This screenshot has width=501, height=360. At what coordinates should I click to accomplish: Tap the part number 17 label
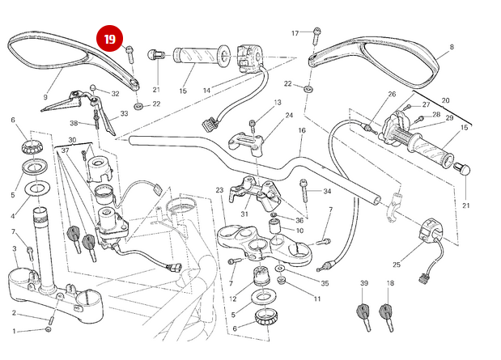coord(295,33)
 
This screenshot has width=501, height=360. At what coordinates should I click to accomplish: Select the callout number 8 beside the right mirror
coord(451,48)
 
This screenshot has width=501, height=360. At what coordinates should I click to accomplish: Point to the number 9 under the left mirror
coord(45,98)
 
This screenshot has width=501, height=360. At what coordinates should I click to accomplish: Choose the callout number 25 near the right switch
coord(397,265)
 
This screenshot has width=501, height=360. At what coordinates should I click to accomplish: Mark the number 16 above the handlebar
coord(301,130)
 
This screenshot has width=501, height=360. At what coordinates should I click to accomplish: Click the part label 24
coord(289,116)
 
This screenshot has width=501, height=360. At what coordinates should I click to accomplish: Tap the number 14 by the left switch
coord(207,90)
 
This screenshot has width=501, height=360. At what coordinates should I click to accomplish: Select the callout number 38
coord(73,124)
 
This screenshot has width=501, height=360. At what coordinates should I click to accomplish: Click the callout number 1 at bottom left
coord(13,331)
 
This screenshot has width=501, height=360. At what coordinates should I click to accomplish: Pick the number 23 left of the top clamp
coord(219,190)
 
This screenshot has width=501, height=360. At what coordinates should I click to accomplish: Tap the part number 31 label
coord(244,214)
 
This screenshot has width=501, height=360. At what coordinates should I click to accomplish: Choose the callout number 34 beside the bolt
coord(327,192)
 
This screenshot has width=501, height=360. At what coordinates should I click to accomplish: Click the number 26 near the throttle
coord(393,95)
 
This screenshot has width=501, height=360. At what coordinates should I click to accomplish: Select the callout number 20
coord(444,100)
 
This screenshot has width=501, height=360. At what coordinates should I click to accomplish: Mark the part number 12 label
coord(233,299)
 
